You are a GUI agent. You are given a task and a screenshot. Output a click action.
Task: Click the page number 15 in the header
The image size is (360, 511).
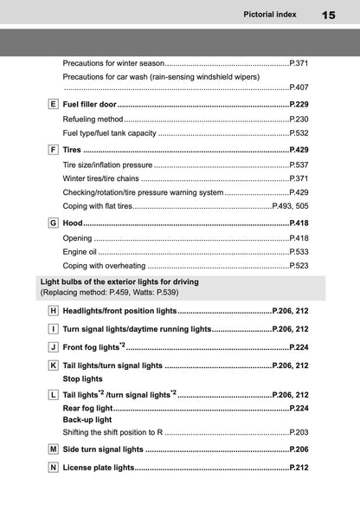click(329, 15)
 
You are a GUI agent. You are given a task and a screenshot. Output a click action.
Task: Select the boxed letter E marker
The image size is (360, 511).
click(54, 104)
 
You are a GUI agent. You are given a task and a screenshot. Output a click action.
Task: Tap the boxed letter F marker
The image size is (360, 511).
click(54, 149)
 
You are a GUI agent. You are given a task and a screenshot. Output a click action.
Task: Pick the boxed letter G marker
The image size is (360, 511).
click(54, 223)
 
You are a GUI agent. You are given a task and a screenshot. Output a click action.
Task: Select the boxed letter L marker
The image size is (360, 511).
click(54, 394)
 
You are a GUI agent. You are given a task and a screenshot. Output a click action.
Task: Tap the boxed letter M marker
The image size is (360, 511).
click(54, 450)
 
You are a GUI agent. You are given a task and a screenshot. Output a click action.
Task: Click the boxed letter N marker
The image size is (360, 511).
click(54, 468)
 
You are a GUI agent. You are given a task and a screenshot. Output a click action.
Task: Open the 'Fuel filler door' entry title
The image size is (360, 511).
click(90, 104)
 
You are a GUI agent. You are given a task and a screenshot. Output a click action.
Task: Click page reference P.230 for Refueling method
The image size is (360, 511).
click(299, 119)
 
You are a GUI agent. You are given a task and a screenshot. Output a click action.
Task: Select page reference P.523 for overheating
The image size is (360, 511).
click(299, 266)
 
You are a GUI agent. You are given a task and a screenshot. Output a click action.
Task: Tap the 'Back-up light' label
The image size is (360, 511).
click(87, 419)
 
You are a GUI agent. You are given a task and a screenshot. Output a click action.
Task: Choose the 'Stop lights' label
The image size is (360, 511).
click(83, 378)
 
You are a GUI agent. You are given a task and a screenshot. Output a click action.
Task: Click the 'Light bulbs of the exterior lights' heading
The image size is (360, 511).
click(119, 282)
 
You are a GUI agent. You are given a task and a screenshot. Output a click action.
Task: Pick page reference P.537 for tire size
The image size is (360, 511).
click(299, 164)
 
